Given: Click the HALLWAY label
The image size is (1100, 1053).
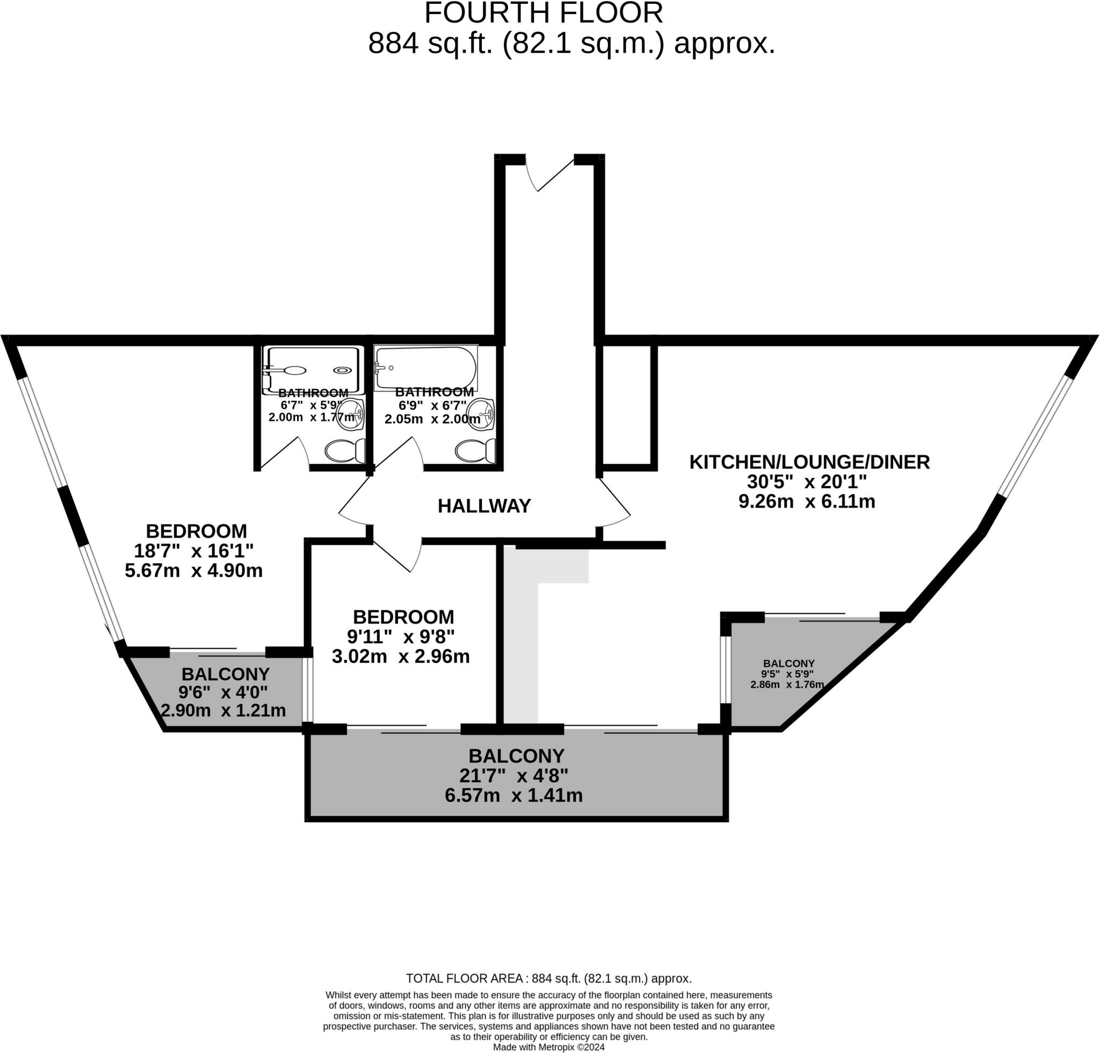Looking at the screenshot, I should (484, 506).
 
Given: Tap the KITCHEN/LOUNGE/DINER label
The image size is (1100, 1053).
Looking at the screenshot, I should (809, 462).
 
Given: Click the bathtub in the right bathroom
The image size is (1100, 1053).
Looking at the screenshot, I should (425, 368).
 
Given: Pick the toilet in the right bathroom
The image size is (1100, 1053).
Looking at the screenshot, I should (475, 451).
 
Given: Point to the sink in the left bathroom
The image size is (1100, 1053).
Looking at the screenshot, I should (351, 415).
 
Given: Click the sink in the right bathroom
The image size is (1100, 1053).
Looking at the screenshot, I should (480, 415).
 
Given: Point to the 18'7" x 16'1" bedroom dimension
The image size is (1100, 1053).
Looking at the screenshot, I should (193, 551).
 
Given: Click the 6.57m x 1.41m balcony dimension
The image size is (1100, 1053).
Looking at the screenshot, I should (513, 795).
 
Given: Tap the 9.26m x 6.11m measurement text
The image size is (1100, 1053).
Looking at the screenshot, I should (807, 502).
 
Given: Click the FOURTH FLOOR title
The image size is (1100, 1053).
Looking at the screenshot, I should (543, 13).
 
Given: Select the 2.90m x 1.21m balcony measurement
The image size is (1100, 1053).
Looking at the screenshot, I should (223, 711).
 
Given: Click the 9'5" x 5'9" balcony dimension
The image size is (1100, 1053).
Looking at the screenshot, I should (787, 674).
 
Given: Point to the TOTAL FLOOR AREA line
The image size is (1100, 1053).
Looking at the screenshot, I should (548, 978).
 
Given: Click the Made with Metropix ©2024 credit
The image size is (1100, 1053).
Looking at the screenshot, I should (548, 1047).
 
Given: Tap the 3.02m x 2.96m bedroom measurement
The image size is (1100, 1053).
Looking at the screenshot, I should (401, 656).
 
